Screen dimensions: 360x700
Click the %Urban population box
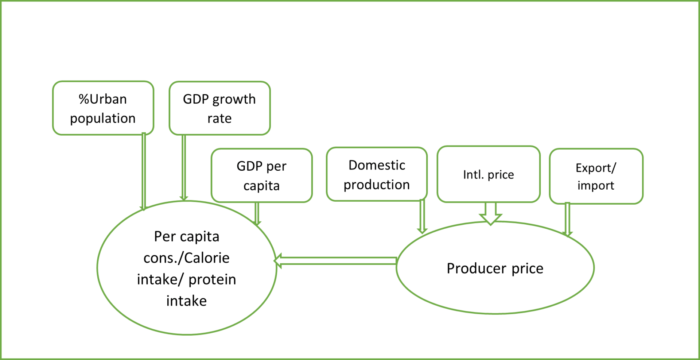(x=103, y=108)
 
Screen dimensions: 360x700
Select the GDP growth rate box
(x=219, y=108)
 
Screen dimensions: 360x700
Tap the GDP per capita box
(x=261, y=175)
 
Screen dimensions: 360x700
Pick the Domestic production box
(x=377, y=174)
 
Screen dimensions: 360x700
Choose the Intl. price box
(x=488, y=174)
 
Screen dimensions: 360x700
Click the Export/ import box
(x=596, y=176)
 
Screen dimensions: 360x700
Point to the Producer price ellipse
(x=495, y=284)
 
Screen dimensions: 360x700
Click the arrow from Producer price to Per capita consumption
(x=335, y=261)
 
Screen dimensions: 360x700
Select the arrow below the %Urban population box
(x=144, y=171)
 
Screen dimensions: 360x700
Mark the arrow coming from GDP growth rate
(x=184, y=168)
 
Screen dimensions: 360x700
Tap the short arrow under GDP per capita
(x=257, y=214)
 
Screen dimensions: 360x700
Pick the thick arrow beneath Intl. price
(x=490, y=213)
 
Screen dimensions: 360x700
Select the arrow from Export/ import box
(x=567, y=219)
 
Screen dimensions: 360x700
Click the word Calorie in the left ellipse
(x=207, y=258)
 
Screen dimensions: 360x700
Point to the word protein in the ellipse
(x=212, y=280)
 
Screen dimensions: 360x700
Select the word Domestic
(x=377, y=165)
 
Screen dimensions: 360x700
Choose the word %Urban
(x=103, y=99)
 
